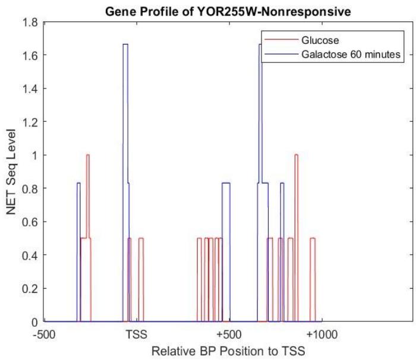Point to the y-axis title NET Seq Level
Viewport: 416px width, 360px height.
pyautogui.click(x=11, y=172)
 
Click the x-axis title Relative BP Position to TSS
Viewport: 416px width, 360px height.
pyautogui.click(x=229, y=351)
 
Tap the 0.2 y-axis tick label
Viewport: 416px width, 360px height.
pyautogui.click(x=27, y=289)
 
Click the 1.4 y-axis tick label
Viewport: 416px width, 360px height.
pyautogui.click(x=27, y=89)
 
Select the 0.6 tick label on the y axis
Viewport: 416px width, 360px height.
pyautogui.click(x=27, y=222)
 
